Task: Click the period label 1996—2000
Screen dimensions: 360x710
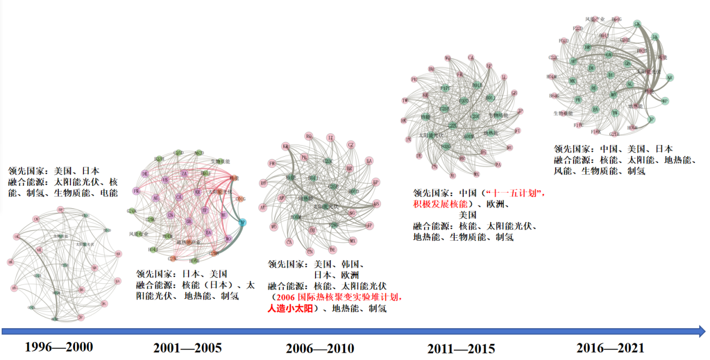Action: (59, 347)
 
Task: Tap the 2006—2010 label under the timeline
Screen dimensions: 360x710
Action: (319, 348)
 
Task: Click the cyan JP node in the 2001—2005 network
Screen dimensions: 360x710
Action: (242, 223)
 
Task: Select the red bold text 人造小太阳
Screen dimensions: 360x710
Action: (291, 308)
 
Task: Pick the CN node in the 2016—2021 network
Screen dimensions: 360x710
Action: (637, 24)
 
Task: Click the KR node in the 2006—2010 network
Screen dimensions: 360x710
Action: (286, 147)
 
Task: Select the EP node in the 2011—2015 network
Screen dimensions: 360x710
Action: (489, 66)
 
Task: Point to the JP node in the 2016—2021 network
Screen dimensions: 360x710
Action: (651, 119)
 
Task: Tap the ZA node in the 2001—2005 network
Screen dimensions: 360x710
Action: (184, 174)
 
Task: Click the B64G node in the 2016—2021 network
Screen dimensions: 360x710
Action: (616, 20)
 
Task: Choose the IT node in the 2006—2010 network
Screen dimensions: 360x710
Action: (331, 137)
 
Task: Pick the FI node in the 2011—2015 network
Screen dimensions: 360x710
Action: (518, 130)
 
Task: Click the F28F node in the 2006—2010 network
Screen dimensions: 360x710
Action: (333, 225)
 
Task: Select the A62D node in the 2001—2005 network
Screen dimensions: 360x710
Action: (199, 152)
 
